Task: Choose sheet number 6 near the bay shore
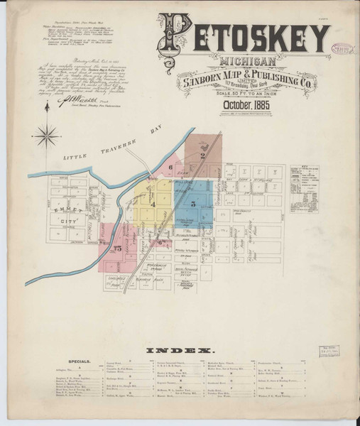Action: point(170,168)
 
